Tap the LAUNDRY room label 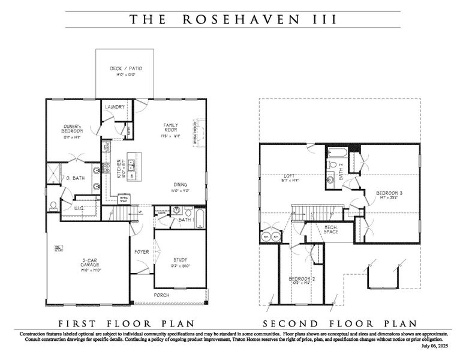click(x=115, y=107)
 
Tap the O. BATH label click(x=74, y=178)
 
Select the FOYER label click(x=142, y=252)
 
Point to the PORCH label click(x=161, y=295)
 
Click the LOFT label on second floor click(x=287, y=178)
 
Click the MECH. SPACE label click(x=330, y=229)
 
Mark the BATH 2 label click(x=342, y=172)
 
